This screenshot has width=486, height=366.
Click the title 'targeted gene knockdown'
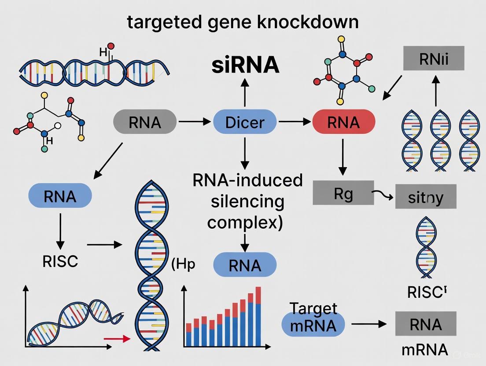tap(243, 22)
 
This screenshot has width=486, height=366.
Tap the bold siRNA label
tap(245, 65)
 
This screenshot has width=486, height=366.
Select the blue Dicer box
tap(245, 122)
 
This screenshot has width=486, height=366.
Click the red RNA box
tap(343, 122)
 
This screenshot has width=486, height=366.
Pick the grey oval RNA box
tap(145, 122)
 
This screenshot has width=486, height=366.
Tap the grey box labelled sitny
tap(425, 196)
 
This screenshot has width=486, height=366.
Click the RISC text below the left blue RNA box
tap(60, 261)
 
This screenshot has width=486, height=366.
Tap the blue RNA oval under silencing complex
tap(245, 266)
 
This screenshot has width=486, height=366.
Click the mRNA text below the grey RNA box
tap(425, 350)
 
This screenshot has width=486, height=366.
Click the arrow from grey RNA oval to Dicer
tap(195, 122)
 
